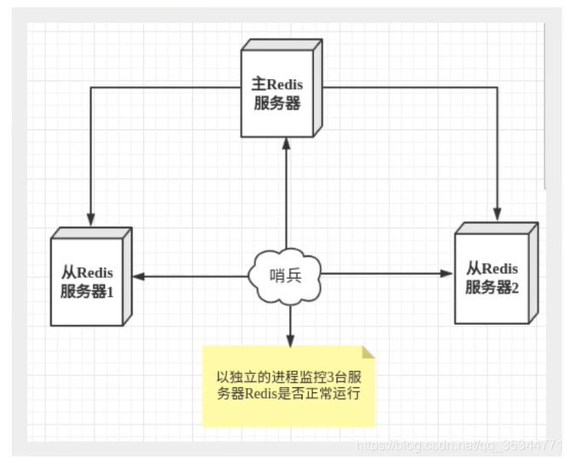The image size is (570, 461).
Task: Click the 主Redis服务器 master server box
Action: [278, 94]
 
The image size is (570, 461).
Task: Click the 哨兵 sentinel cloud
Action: [285, 276]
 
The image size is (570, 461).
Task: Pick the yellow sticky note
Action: [288, 385]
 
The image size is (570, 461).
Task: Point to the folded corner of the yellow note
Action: [368, 351]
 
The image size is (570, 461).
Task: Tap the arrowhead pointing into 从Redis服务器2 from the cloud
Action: [448, 274]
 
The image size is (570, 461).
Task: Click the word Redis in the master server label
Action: [286, 84]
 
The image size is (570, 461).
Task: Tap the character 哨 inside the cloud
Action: [276, 276]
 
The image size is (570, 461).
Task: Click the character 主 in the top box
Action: [260, 84]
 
